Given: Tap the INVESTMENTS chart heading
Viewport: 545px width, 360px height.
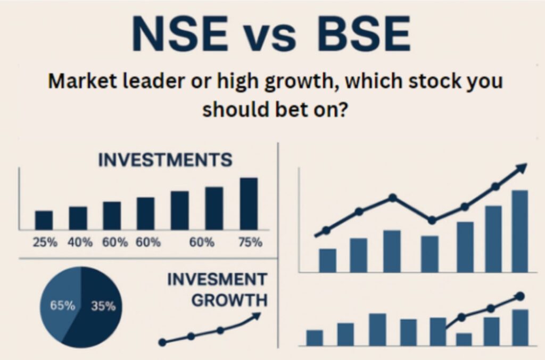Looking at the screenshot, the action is [x=165, y=160].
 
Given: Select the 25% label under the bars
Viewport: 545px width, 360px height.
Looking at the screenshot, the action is [x=45, y=242].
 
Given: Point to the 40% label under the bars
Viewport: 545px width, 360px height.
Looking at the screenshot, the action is [x=80, y=242].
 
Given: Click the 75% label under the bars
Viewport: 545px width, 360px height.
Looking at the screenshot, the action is [x=250, y=242].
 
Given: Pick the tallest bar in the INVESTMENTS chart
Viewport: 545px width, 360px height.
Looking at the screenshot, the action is [x=249, y=204].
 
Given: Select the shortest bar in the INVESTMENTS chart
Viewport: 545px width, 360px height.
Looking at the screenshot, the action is [x=44, y=220].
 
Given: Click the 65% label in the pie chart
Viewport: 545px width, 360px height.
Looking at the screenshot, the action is [x=63, y=306].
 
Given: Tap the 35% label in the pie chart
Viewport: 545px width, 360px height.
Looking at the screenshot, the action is [x=103, y=306].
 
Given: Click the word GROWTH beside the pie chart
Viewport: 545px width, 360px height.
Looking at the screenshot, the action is [x=230, y=300].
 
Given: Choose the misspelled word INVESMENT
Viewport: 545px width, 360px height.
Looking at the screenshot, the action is [x=217, y=279].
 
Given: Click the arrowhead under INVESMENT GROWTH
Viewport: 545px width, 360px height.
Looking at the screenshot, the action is [x=256, y=316].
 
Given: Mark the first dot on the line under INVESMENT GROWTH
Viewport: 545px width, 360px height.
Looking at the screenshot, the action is [x=162, y=342].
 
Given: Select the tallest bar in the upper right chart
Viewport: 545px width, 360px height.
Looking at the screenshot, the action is [x=519, y=231].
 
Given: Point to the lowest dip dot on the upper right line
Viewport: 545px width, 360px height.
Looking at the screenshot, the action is [x=432, y=220].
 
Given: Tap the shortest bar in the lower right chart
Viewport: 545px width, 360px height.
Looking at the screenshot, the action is [x=464, y=340].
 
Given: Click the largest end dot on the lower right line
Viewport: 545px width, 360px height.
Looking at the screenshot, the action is [x=520, y=296].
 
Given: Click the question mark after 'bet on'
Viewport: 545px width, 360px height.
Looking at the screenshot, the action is [x=343, y=109].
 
